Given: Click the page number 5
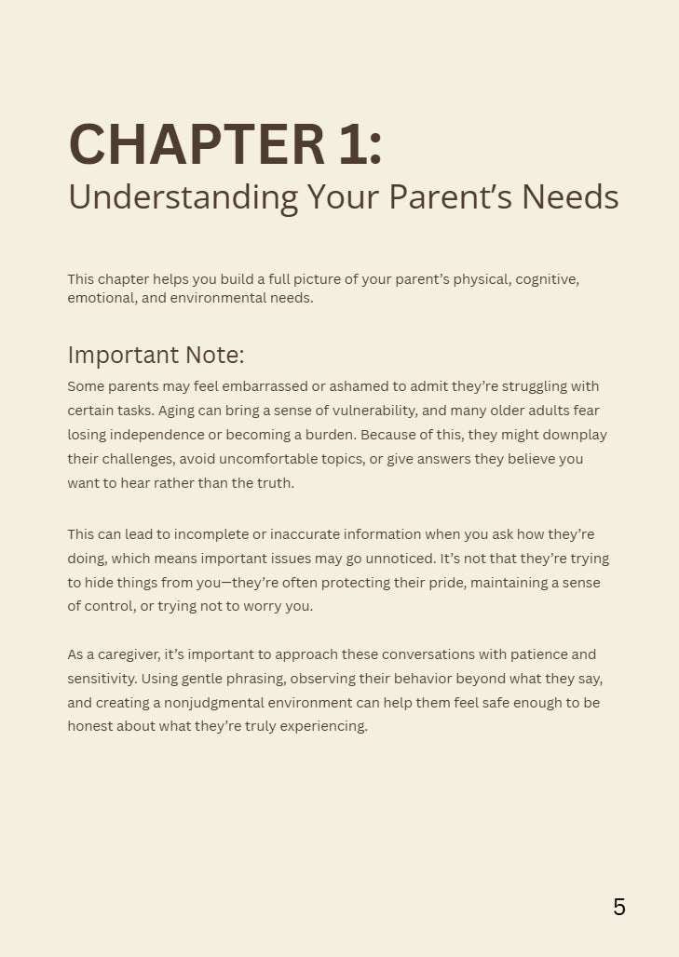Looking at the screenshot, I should point(619,907).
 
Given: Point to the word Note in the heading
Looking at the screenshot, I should point(214,355).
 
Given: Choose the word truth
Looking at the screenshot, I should point(276,483).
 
